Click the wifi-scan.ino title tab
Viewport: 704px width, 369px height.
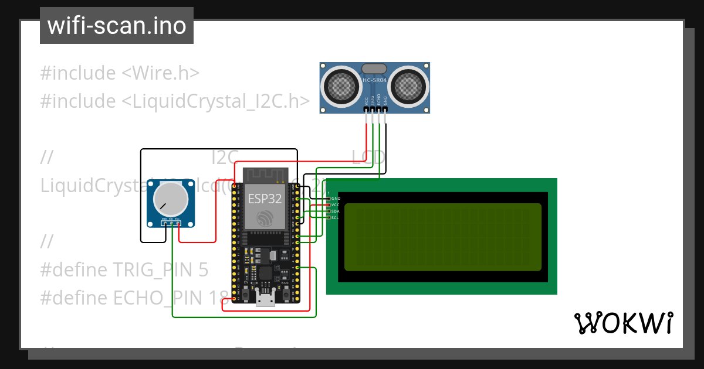tap(116, 26)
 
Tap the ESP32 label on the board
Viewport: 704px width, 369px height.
tap(265, 198)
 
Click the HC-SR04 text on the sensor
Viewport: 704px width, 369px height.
tap(374, 80)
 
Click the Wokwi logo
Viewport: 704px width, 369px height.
tap(623, 323)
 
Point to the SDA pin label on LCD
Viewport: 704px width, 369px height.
tap(335, 211)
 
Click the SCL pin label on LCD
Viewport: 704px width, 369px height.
tap(335, 217)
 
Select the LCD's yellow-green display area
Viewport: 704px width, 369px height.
tap(442, 237)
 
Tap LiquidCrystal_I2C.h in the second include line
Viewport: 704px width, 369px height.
tap(215, 101)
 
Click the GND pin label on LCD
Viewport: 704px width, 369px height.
tap(336, 199)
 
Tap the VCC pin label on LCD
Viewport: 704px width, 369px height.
tap(335, 204)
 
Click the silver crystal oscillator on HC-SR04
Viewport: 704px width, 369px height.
tap(374, 69)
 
